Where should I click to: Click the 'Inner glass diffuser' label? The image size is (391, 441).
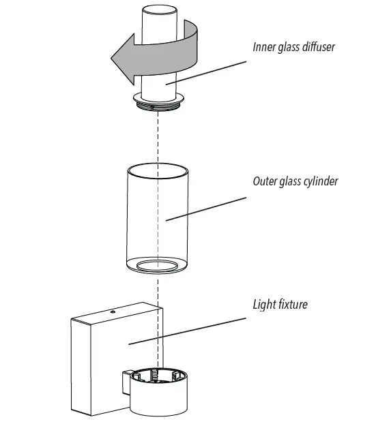pyautogui.click(x=293, y=48)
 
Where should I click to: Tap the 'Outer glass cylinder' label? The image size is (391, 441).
pyautogui.click(x=295, y=181)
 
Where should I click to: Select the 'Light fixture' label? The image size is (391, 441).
pyautogui.click(x=280, y=304)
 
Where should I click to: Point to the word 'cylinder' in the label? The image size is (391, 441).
pyautogui.click(x=321, y=181)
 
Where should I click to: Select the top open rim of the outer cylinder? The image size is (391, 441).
pyautogui.click(x=158, y=168)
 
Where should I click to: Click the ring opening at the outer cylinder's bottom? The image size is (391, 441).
pyautogui.click(x=158, y=265)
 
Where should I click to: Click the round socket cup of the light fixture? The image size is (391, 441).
pyautogui.click(x=158, y=395)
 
